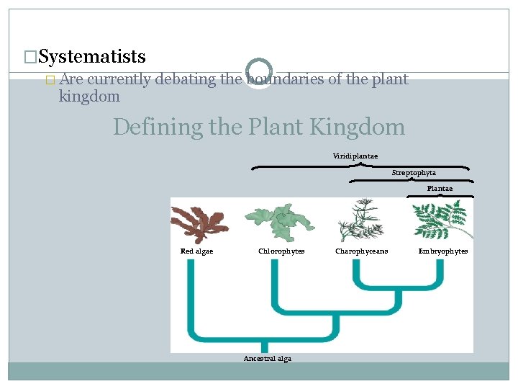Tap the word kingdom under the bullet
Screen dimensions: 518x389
89,96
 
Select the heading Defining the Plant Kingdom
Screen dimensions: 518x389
259,128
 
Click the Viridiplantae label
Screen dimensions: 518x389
355,156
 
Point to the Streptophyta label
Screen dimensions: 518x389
414,173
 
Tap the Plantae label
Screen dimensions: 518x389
440,188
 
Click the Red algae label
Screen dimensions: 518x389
196,251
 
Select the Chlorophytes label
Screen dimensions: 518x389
281,251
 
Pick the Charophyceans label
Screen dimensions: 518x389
361,251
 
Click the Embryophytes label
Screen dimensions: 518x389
443,251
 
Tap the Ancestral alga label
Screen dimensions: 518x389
268,359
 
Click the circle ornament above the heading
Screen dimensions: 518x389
258,72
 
